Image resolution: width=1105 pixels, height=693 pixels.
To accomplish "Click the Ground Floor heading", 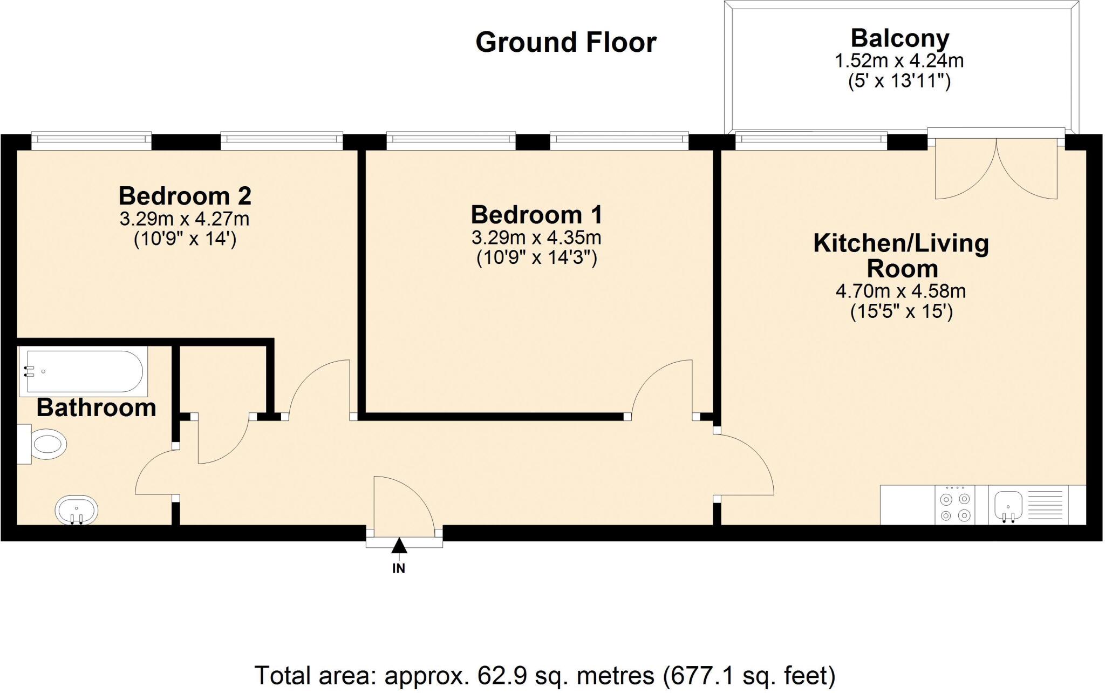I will tap(565, 43).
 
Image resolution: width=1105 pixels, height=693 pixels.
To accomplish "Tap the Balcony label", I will tap(899, 39).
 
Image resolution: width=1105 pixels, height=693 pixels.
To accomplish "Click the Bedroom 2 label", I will tap(185, 196).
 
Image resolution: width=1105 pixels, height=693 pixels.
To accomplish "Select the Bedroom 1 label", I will tap(536, 215).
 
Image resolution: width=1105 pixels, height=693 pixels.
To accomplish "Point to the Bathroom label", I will tap(96, 408).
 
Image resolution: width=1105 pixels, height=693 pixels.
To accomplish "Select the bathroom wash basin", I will tap(77, 510).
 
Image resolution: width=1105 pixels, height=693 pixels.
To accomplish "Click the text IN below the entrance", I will tap(399, 568).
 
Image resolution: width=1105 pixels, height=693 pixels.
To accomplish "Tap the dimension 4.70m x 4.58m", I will tap(901, 291).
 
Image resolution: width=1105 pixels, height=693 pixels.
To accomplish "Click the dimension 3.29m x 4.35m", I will tap(536, 237).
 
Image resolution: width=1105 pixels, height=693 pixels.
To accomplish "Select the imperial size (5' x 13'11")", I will tap(899, 81).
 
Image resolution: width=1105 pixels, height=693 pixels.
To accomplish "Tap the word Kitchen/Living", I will tap(901, 243).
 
